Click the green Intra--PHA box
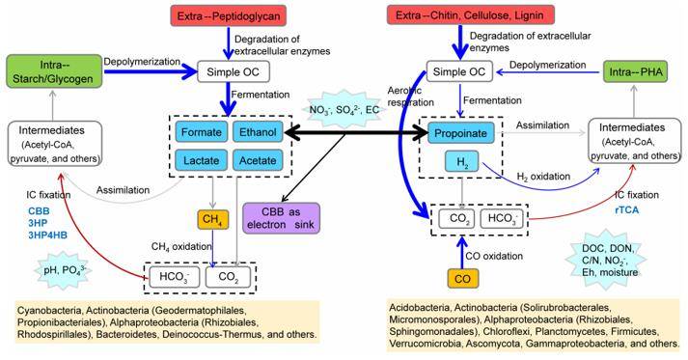(637, 73)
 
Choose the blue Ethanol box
(262, 133)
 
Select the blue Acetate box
(262, 163)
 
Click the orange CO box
(461, 278)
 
